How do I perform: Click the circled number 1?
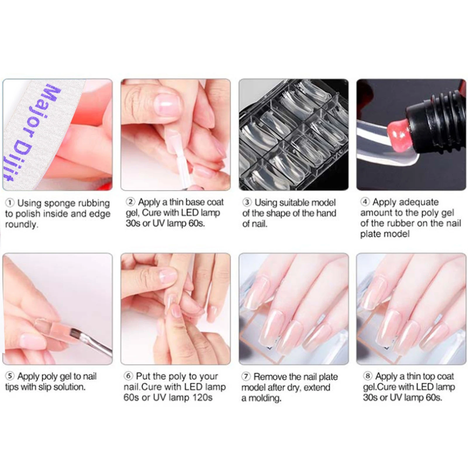click(10, 203)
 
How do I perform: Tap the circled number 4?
click(365, 202)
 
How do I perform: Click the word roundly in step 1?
click(21, 224)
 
